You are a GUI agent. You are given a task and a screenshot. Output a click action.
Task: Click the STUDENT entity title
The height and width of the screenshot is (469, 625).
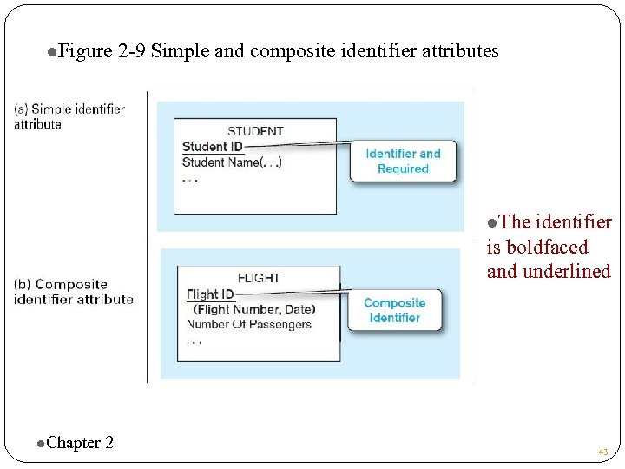coord(255,131)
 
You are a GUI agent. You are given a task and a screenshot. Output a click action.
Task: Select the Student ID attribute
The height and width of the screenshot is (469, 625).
coord(213,146)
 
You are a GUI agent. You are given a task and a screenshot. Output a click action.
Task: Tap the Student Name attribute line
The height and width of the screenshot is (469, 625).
coord(232,162)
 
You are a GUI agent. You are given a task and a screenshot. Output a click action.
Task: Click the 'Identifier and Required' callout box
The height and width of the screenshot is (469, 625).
coord(403,162)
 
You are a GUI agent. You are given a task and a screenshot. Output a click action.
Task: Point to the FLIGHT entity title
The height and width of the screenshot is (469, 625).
coord(259,278)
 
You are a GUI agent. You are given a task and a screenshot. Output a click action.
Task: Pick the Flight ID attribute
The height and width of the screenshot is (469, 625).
coord(210,294)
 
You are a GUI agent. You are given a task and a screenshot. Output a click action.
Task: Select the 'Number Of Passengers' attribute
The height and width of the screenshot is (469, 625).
coord(248,324)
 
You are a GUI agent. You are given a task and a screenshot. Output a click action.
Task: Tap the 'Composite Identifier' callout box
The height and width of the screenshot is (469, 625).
coord(394,310)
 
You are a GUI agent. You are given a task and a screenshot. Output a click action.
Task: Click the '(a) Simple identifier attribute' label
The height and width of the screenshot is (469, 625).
coord(69,116)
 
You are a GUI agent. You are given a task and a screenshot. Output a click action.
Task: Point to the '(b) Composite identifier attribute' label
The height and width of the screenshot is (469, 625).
coord(74,292)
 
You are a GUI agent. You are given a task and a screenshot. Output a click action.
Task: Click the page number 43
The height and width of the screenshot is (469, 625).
coord(602,452)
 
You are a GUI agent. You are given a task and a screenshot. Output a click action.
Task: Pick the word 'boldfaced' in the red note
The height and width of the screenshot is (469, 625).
coord(547,248)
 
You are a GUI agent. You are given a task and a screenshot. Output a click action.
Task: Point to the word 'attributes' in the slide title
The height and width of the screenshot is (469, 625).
coord(460,51)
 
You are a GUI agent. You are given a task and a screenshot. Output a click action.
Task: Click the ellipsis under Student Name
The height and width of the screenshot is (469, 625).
coord(190,180)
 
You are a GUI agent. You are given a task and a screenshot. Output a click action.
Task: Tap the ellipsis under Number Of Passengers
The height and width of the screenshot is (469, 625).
coord(194,340)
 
